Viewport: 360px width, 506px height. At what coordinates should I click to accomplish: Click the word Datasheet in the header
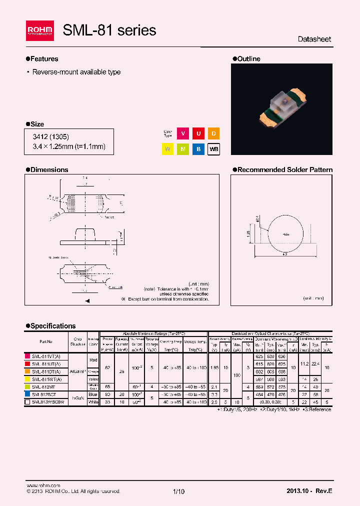tap(314, 39)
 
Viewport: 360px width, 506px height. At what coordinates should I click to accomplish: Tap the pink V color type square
tap(183, 134)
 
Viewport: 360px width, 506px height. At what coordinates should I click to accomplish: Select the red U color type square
tap(198, 134)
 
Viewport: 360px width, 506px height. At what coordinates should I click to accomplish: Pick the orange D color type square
tap(213, 134)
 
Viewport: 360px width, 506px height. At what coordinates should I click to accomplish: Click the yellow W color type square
tap(168, 149)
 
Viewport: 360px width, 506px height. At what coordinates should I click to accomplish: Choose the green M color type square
tap(183, 149)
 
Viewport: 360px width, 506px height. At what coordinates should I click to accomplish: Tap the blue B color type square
tap(198, 149)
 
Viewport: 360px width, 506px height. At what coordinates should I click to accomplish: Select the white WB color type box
tap(213, 149)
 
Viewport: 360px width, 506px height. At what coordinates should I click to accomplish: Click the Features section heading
tap(44, 59)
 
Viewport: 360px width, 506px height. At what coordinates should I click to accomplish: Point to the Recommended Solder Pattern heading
tap(284, 170)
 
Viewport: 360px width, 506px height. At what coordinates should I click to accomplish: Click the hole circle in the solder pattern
tap(284, 234)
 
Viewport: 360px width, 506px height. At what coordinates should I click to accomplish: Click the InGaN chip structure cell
tap(78, 397)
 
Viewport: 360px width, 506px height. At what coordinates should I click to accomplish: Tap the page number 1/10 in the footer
tap(179, 491)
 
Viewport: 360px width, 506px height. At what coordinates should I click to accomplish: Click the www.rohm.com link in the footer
tap(43, 485)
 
